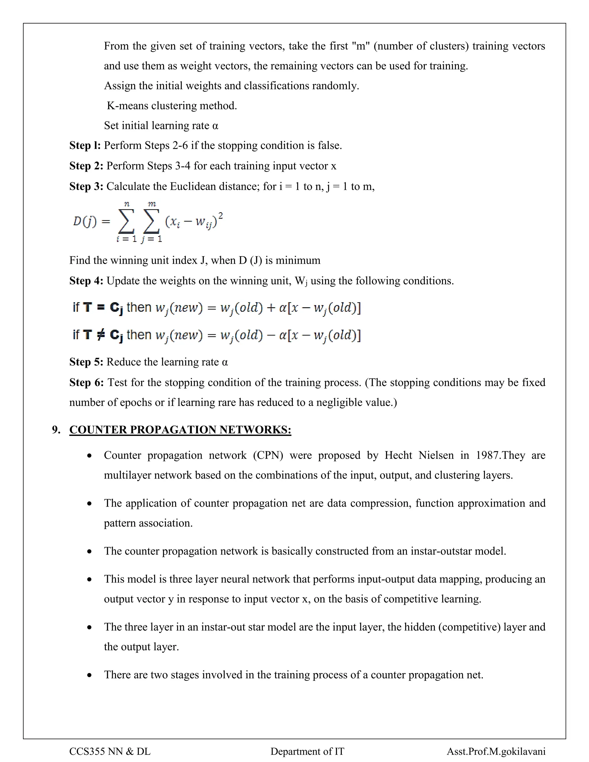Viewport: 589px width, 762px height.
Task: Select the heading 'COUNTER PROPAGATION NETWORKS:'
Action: [180, 430]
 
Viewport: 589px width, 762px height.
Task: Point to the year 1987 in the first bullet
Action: [488, 455]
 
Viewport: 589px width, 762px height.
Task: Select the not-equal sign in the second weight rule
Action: [100, 335]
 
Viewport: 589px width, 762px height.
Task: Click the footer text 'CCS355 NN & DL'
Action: [110, 751]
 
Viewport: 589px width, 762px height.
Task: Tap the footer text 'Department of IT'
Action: [307, 751]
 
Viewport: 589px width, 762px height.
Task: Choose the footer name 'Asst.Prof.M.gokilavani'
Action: [496, 751]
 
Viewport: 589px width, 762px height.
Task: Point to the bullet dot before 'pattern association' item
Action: [90, 503]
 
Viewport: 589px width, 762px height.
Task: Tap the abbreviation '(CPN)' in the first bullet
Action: [268, 455]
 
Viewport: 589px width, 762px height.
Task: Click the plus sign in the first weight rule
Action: [271, 308]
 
